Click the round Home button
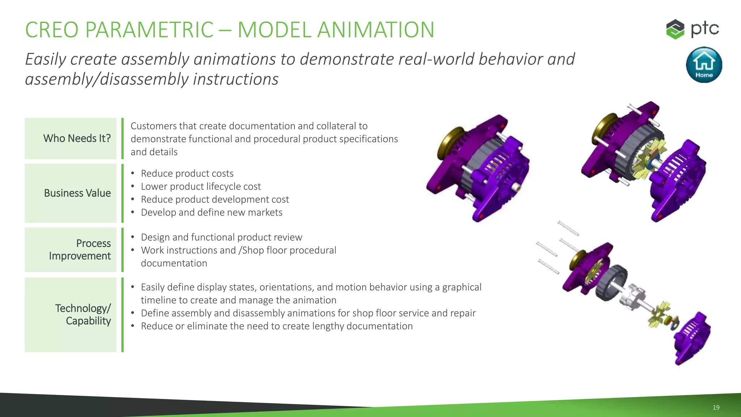pos(704,65)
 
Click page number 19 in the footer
pos(716,407)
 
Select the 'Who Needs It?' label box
pos(71,138)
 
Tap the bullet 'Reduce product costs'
pos(187,173)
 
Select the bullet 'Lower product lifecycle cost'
pos(200,186)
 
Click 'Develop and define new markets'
pos(211,212)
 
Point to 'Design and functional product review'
pos(221,237)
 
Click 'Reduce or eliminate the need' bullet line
pos(276,326)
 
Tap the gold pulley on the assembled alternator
pos(449,143)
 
